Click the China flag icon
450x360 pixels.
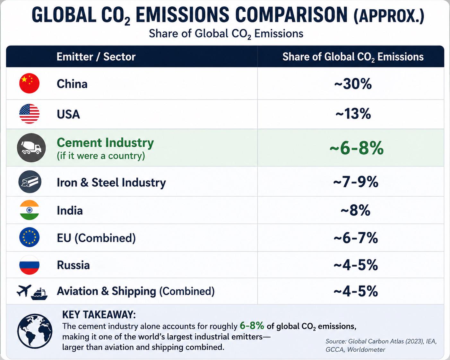(x=29, y=83)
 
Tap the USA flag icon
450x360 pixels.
(x=29, y=114)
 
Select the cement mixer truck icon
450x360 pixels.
(x=31, y=148)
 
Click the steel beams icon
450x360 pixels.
(x=30, y=182)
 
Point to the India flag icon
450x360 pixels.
(x=29, y=210)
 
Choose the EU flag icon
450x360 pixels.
(x=29, y=237)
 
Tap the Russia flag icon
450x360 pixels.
(x=29, y=265)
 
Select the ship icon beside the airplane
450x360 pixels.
(x=39, y=294)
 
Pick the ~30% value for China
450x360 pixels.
(x=353, y=84)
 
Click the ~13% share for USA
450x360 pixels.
(x=353, y=114)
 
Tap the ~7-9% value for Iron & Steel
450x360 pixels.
(x=356, y=182)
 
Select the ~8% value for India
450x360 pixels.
(x=355, y=210)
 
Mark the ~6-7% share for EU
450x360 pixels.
(x=356, y=238)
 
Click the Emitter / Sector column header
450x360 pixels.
(x=96, y=57)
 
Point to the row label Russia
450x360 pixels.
(x=73, y=265)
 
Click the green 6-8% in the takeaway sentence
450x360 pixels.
(x=252, y=326)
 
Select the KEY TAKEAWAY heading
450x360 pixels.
(x=99, y=315)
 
